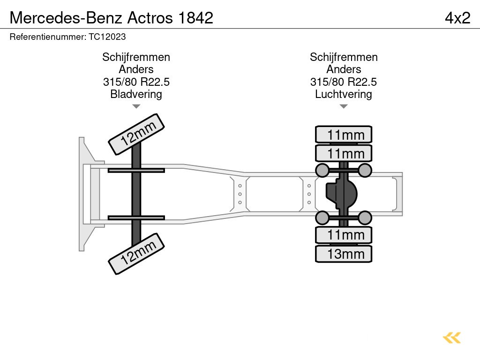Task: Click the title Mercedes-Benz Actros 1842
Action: coord(112,17)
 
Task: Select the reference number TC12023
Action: coord(67,37)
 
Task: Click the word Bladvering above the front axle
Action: coord(136,94)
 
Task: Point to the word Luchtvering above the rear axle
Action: coord(344,94)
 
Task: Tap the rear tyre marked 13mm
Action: coord(344,254)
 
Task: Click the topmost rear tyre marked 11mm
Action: coord(344,135)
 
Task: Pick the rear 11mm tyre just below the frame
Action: coord(344,235)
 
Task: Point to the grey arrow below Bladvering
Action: coord(136,106)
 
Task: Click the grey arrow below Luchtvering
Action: coord(344,106)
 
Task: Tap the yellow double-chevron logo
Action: coord(451,337)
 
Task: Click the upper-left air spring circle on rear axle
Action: coord(322,170)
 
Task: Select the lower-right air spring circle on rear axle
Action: coord(365,217)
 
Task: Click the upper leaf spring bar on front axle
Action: coord(136,170)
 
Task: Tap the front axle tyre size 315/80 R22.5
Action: coord(136,82)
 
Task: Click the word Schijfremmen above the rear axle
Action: coord(344,57)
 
